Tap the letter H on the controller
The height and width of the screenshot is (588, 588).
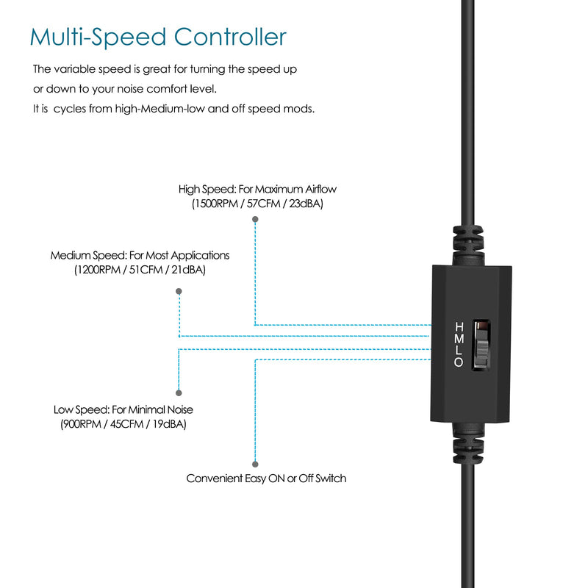coord(459,326)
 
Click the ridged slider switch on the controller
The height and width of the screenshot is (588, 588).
coord(481,345)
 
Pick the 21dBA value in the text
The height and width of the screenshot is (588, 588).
coord(188,270)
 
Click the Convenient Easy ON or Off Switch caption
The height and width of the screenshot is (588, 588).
coord(266,478)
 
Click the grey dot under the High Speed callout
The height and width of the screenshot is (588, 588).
coord(255,220)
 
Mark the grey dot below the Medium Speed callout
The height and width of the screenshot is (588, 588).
coord(179,292)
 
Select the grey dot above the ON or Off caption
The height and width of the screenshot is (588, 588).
coord(255,464)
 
